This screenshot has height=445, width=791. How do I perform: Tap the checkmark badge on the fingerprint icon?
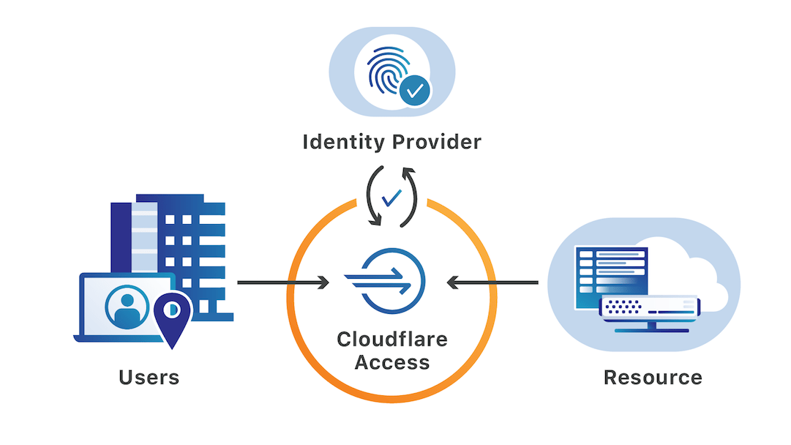pyautogui.click(x=415, y=91)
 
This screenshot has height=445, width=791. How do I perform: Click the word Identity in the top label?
pyautogui.click(x=341, y=142)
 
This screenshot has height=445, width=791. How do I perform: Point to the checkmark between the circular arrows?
pyautogui.click(x=392, y=196)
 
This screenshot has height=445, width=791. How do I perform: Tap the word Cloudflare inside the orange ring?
pyautogui.click(x=392, y=340)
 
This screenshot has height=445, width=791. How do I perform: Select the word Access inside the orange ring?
pyautogui.click(x=392, y=362)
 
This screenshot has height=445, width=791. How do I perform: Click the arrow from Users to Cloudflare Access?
pyautogui.click(x=282, y=282)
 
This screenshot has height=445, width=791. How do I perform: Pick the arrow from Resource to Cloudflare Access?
pyautogui.click(x=493, y=282)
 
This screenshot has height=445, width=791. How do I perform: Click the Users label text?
pyautogui.click(x=149, y=378)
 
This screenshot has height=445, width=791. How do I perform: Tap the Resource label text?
pyautogui.click(x=653, y=378)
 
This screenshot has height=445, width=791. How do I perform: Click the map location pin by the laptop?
pyautogui.click(x=172, y=317)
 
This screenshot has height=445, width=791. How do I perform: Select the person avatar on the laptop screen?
pyautogui.click(x=127, y=307)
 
